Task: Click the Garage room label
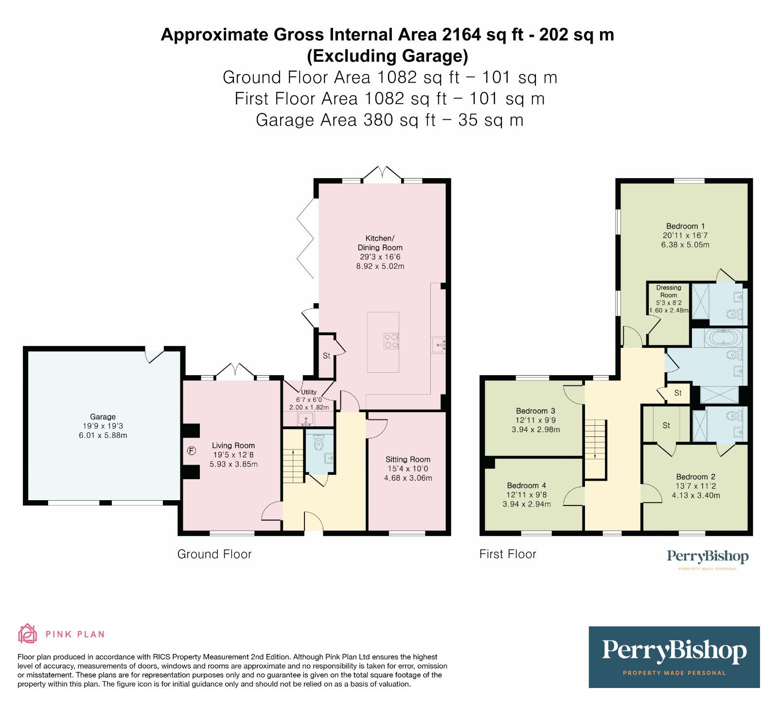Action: click(103, 417)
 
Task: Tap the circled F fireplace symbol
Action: click(191, 451)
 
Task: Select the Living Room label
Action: click(233, 446)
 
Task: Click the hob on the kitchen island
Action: click(391, 341)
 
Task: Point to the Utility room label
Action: click(309, 392)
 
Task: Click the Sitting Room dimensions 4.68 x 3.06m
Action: click(408, 478)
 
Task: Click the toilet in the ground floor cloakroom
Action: click(319, 444)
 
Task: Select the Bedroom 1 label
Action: click(685, 226)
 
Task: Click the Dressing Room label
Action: click(669, 291)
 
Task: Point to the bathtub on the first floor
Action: click(723, 338)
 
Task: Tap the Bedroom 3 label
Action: click(535, 411)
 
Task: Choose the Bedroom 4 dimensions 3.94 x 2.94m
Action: click(527, 504)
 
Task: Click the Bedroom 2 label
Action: click(695, 477)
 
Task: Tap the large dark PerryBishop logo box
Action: click(674, 657)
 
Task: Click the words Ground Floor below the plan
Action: click(214, 554)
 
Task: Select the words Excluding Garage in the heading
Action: click(388, 56)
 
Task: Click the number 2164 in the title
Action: click(461, 35)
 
